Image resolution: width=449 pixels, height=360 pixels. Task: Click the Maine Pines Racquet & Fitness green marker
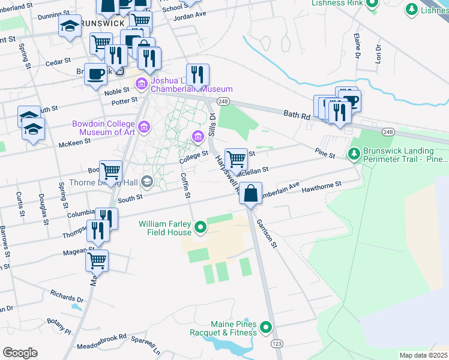[266, 328]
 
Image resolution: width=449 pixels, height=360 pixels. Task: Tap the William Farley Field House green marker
[201, 227]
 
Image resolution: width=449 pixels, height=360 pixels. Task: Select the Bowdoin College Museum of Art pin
[143, 127]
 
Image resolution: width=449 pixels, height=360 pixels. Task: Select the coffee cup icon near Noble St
[96, 74]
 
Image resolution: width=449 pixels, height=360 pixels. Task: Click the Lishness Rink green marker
[372, 3]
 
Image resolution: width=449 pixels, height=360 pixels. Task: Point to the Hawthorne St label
[322, 187]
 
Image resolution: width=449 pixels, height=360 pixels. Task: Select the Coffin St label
[186, 186]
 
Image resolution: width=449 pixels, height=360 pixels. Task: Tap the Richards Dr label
[67, 296]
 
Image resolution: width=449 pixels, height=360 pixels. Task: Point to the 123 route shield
[277, 343]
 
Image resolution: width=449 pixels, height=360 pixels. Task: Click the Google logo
[20, 353]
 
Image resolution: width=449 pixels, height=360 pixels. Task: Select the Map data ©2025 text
[423, 355]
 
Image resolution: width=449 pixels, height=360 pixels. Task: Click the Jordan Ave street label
[189, 16]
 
